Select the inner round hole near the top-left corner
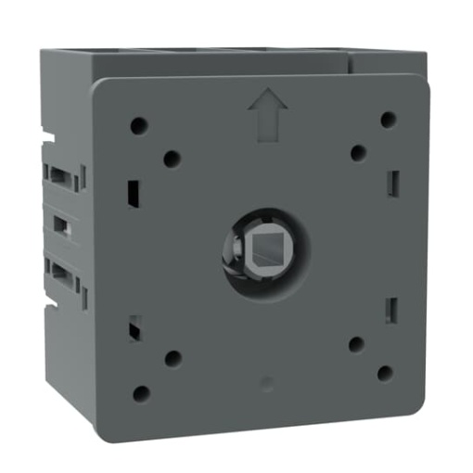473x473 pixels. pyautogui.click(x=172, y=159)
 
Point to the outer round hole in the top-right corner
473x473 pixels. pyautogui.click(x=389, y=120)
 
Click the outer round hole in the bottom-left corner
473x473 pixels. pyautogui.click(x=141, y=393)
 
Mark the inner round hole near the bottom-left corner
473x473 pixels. pyautogui.click(x=173, y=358)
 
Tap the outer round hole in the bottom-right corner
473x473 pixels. pyautogui.click(x=385, y=373)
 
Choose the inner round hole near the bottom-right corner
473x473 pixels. pyautogui.click(x=356, y=344)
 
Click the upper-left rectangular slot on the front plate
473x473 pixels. pyautogui.click(x=133, y=192)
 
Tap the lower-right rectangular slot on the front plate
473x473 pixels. pyautogui.click(x=391, y=309)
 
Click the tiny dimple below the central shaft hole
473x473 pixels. pyautogui.click(x=267, y=380)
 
